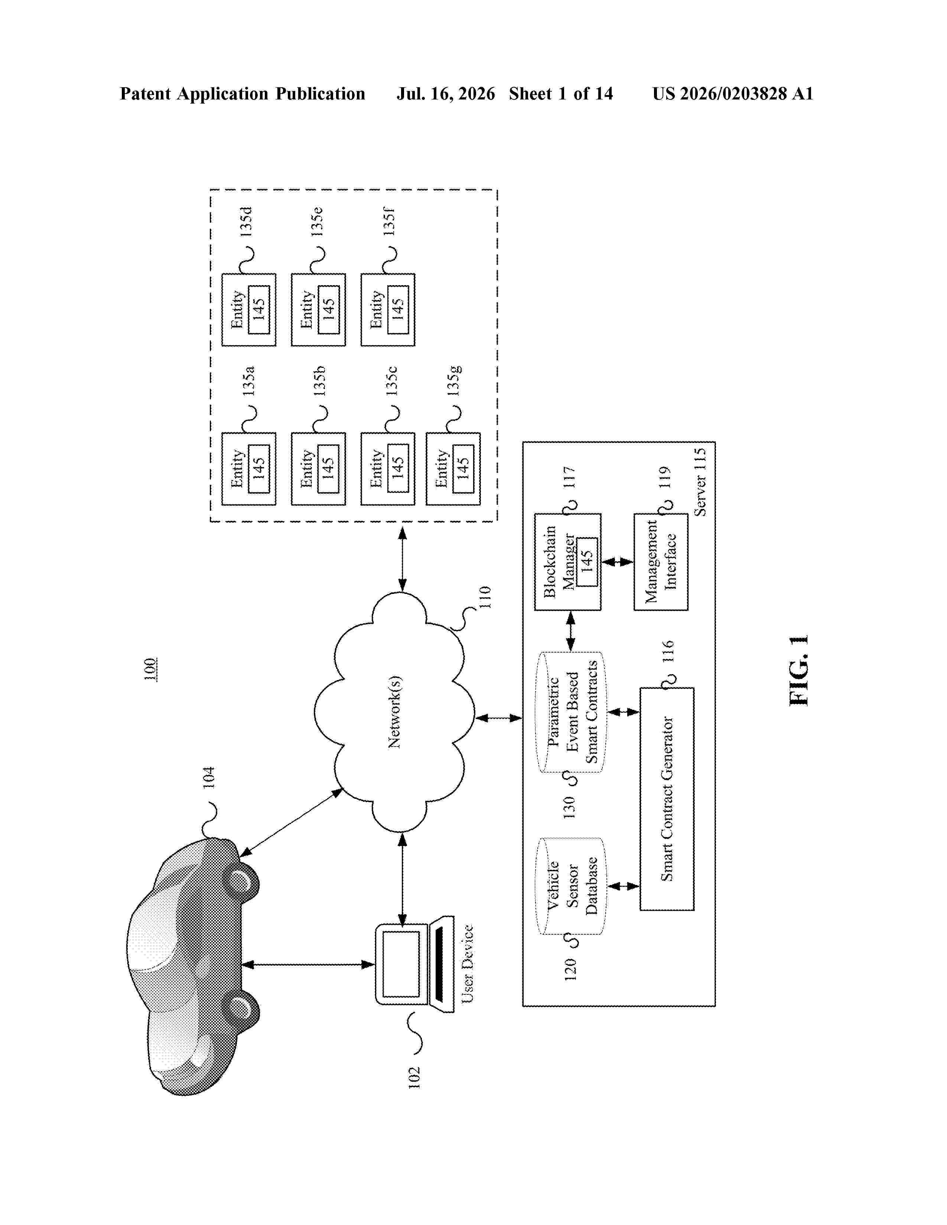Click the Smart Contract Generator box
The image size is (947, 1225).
(x=667, y=799)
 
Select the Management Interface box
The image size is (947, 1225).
(x=661, y=561)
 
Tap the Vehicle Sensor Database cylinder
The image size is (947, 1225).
(x=570, y=886)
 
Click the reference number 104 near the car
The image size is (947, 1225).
(x=209, y=777)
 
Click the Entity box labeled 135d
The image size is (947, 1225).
(x=248, y=310)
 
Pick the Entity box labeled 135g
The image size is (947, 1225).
(x=453, y=469)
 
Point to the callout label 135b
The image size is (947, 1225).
(x=319, y=381)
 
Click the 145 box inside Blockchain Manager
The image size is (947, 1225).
(x=587, y=561)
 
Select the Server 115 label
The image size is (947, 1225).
(x=700, y=482)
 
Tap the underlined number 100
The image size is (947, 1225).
(x=150, y=669)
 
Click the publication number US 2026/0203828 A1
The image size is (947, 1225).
(x=733, y=94)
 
